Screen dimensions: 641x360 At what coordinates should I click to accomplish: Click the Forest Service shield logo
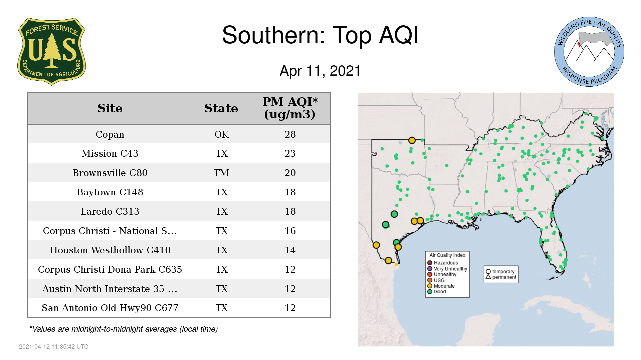51,52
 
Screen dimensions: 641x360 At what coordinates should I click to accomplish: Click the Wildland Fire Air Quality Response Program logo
589,52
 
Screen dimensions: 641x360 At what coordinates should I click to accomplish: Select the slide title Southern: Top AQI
320,35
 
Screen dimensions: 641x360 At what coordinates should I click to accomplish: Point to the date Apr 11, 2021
320,71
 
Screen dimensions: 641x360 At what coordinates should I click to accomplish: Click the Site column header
110,108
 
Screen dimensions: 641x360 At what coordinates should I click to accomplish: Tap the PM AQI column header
290,108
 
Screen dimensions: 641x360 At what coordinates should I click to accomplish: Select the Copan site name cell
110,134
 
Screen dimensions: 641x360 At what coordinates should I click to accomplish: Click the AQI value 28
290,134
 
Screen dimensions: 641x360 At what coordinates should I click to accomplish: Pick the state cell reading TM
221,173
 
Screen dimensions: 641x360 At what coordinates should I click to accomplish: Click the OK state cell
221,134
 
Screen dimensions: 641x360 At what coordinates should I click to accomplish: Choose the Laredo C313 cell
110,211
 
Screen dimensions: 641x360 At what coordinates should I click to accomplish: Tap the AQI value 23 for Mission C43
290,153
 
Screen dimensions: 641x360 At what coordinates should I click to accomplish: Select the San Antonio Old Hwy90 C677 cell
110,308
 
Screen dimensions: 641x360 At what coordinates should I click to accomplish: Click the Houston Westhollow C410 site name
110,250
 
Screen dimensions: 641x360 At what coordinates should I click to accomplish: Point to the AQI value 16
290,231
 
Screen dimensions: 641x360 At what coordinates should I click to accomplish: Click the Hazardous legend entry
443,263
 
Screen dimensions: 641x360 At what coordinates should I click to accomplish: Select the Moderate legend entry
441,286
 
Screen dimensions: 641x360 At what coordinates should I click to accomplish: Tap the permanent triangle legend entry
501,277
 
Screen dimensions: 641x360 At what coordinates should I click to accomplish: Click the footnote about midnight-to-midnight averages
124,329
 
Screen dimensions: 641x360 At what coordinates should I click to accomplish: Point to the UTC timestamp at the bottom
54,347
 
